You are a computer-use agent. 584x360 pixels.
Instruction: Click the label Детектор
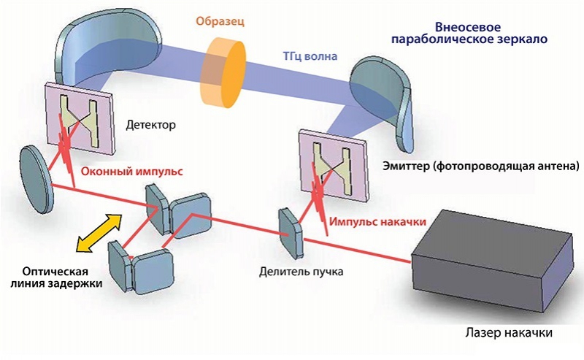pos(151,125)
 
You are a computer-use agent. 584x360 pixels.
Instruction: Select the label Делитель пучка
pos(301,272)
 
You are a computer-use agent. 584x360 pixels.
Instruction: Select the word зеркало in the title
pos(521,37)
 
